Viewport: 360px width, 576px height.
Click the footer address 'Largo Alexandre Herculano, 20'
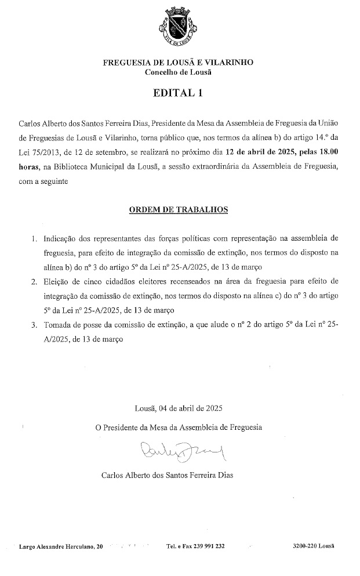click(x=61, y=546)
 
